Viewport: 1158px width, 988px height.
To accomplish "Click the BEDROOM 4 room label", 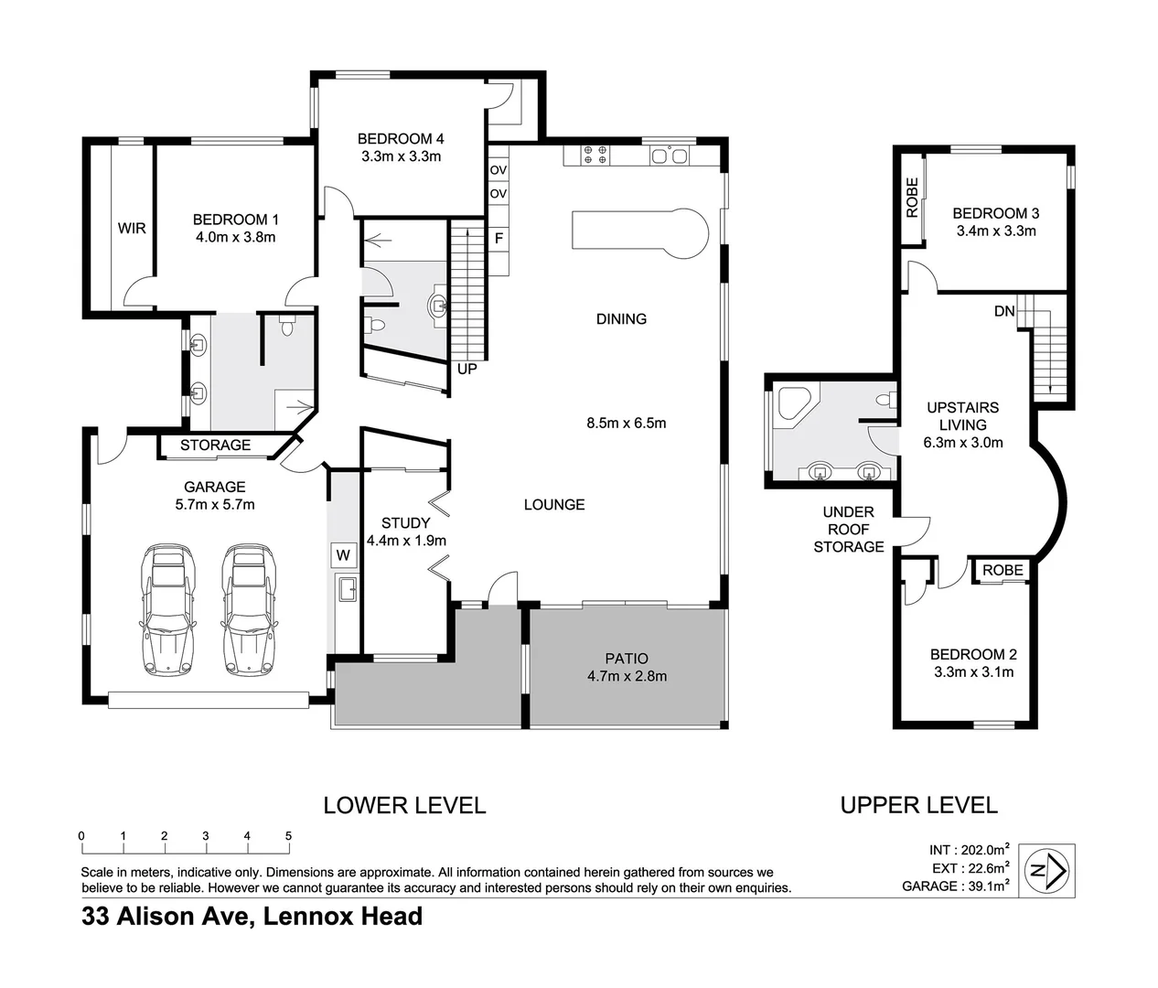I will pyautogui.click(x=401, y=139).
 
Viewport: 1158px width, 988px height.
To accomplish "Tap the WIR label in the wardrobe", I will pyautogui.click(x=132, y=229).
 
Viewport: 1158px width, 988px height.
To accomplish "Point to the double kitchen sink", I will pyautogui.click(x=669, y=156).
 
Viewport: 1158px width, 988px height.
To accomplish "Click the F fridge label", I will pyautogui.click(x=499, y=239).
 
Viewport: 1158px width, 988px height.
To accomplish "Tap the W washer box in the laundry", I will pyautogui.click(x=343, y=554).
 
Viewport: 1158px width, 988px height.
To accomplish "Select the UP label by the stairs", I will pyautogui.click(x=466, y=370).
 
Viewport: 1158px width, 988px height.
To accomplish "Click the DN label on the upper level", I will pyautogui.click(x=1004, y=311).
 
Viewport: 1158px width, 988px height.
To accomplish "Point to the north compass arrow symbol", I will pyautogui.click(x=1048, y=870).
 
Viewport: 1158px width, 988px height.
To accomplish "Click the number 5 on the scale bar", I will pyautogui.click(x=288, y=836).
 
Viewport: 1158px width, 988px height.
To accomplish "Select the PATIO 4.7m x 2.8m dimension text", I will pyautogui.click(x=627, y=676).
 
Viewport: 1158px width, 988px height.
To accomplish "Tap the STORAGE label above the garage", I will pyautogui.click(x=215, y=446).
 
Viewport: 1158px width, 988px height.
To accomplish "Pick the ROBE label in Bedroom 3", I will pyautogui.click(x=912, y=197).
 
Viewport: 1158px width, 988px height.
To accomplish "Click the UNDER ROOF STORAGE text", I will pyautogui.click(x=848, y=529).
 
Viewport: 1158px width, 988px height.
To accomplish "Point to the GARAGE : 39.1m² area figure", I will pyautogui.click(x=955, y=886).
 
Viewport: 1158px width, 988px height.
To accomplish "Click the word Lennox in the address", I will pyautogui.click(x=306, y=917).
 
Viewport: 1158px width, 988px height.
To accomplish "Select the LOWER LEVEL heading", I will pyautogui.click(x=404, y=806).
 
